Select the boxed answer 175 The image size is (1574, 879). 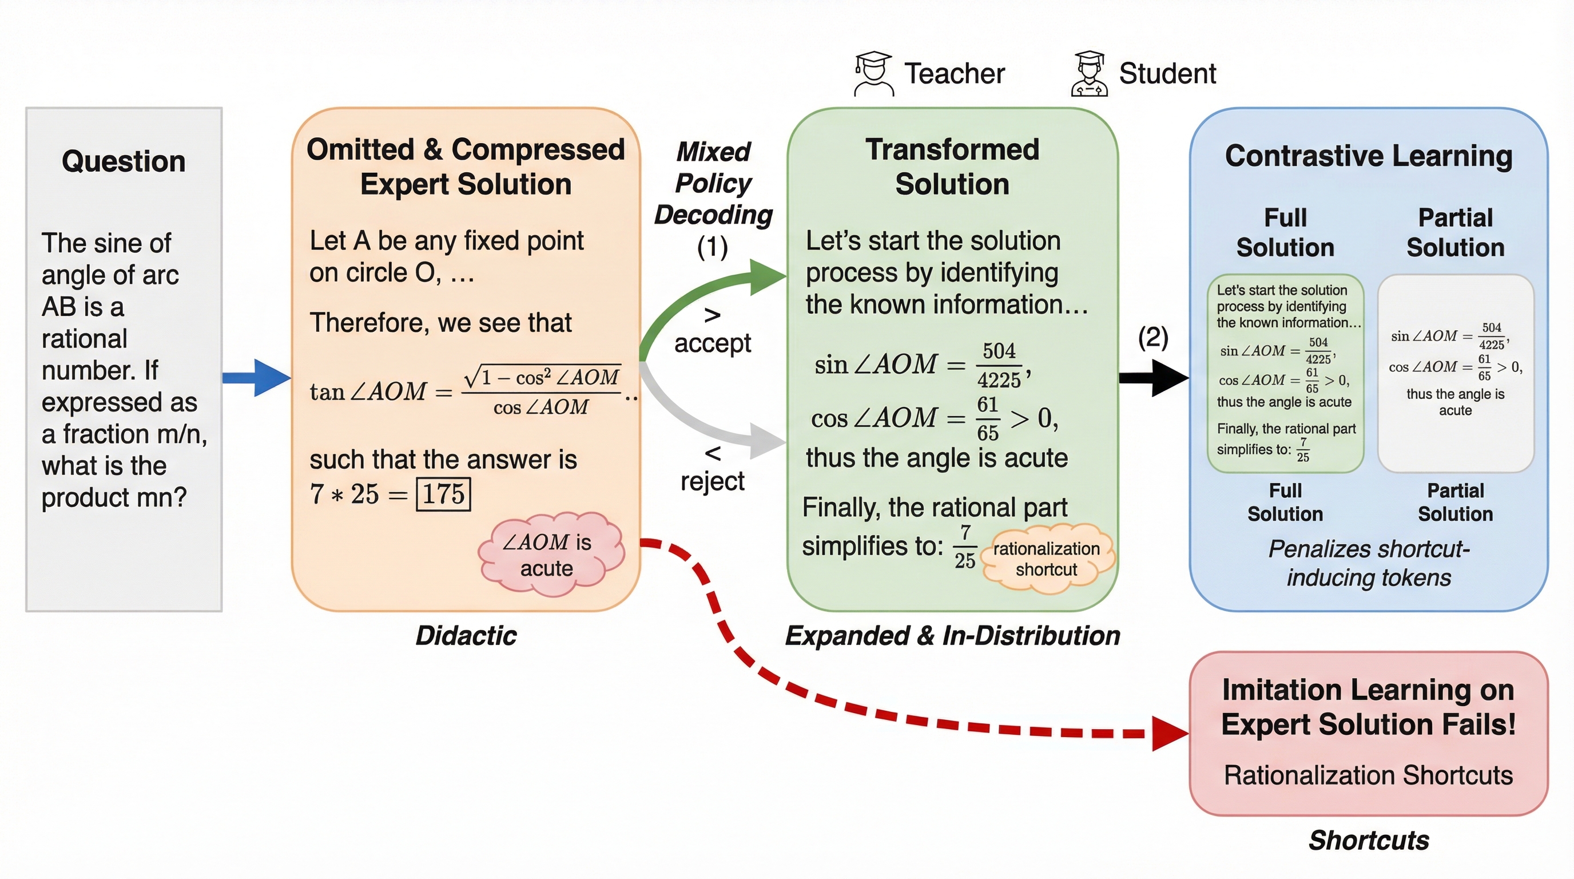pos(443,494)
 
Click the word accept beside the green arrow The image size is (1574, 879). pos(713,343)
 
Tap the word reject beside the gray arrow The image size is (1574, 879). pos(713,482)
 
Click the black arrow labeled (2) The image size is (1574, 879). pos(1154,378)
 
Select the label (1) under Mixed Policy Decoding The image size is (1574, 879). pos(713,248)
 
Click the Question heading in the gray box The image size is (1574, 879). pos(124,161)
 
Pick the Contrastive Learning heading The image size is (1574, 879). pos(1369,156)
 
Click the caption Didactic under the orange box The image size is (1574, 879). pos(466,636)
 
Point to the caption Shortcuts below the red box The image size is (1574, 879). pos(1369,841)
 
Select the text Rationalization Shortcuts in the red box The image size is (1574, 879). pos(1369,775)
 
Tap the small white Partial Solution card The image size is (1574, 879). pos(1456,373)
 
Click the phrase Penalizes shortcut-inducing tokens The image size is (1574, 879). pos(1369,563)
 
